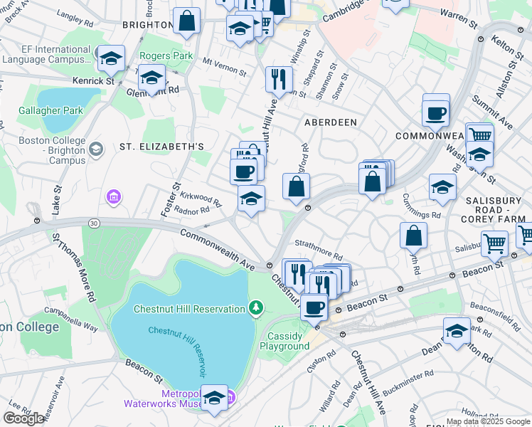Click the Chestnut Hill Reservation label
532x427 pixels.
click(x=188, y=309)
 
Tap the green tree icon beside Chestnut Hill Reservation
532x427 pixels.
click(x=255, y=308)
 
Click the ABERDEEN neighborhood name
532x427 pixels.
click(x=331, y=122)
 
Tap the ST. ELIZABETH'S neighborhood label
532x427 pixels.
click(x=161, y=147)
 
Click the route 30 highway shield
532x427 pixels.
click(x=94, y=223)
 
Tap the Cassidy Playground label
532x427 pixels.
click(x=288, y=341)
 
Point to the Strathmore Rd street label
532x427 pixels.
click(x=319, y=251)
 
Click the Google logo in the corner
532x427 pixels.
click(x=24, y=418)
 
